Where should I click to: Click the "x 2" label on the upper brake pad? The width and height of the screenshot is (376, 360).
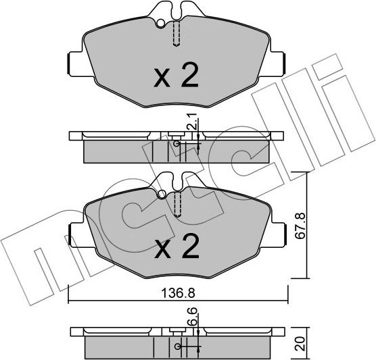(175, 77)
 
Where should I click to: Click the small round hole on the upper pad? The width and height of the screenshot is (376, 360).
(161, 26)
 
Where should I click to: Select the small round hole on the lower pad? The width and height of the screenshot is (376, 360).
(162, 197)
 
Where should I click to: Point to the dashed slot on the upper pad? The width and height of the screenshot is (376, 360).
(177, 32)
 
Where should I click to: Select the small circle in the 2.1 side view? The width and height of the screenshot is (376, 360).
(177, 144)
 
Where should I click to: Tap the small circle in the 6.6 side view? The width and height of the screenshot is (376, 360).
(178, 347)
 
